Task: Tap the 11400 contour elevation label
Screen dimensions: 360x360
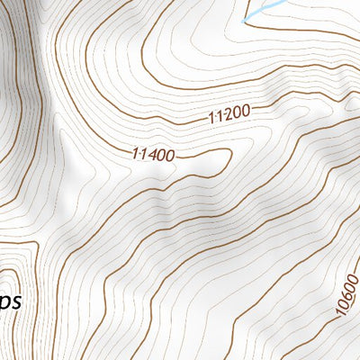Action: coord(152,154)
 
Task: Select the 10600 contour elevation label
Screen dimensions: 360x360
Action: coord(346,296)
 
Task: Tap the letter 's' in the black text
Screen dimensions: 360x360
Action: coord(15,301)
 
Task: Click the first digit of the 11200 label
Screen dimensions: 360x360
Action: coord(211,118)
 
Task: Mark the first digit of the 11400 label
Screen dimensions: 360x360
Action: coord(135,152)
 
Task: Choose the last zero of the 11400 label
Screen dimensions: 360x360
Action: coord(169,156)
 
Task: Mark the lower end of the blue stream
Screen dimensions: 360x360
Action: coord(244,20)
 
